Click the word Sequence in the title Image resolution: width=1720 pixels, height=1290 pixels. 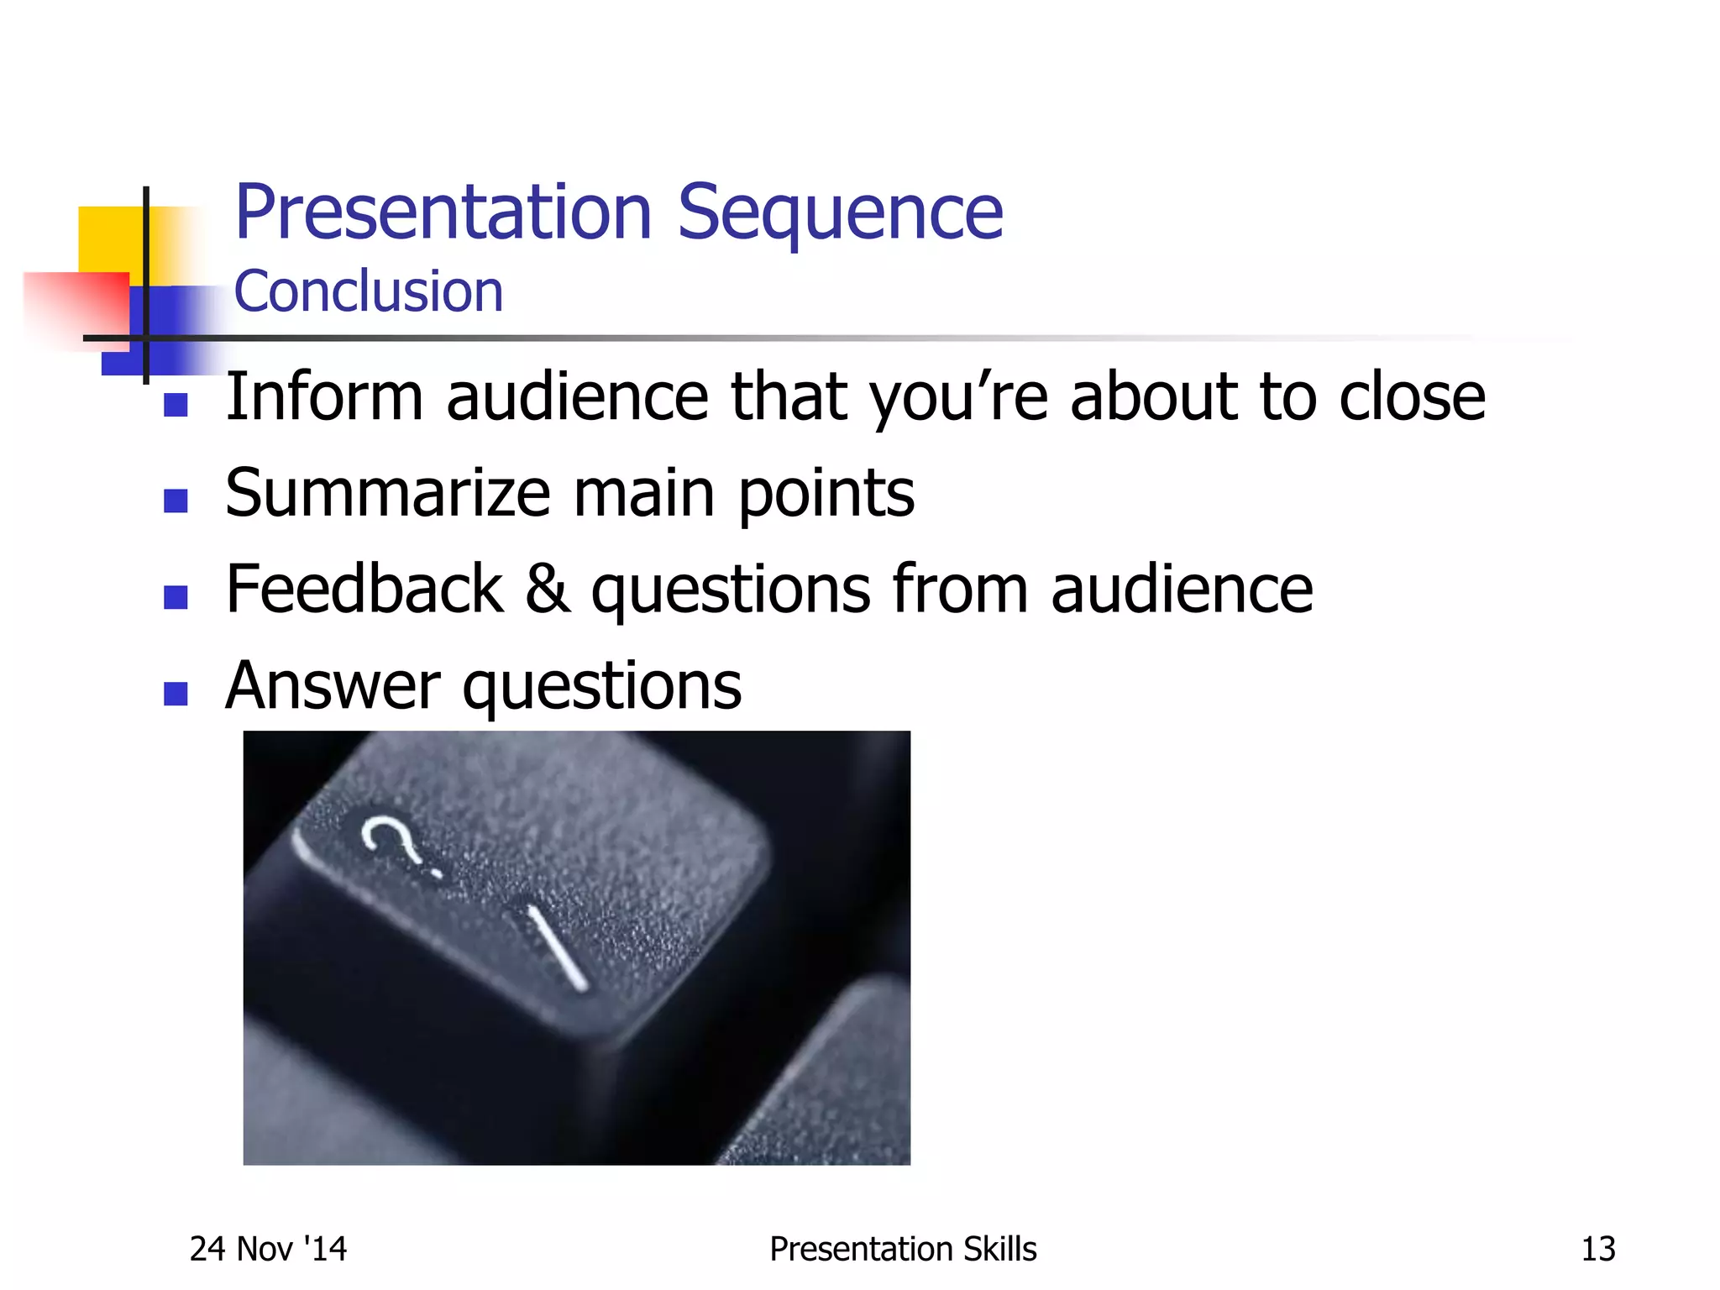click(x=840, y=214)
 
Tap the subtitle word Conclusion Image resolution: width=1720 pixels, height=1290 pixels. click(x=368, y=291)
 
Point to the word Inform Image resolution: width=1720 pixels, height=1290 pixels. click(x=324, y=396)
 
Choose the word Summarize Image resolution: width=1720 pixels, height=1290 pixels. click(x=387, y=493)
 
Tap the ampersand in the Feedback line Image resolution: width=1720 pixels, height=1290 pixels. click(x=547, y=590)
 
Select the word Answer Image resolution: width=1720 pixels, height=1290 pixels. click(x=333, y=686)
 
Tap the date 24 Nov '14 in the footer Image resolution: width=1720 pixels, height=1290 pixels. click(x=268, y=1249)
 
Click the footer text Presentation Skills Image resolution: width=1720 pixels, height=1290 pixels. click(x=903, y=1249)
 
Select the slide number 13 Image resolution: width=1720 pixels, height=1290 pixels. click(x=1597, y=1249)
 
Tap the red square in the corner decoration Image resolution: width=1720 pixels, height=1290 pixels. click(x=80, y=302)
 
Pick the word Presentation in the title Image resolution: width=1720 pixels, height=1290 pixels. click(x=443, y=212)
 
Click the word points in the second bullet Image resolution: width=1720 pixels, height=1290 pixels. click(x=826, y=495)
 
